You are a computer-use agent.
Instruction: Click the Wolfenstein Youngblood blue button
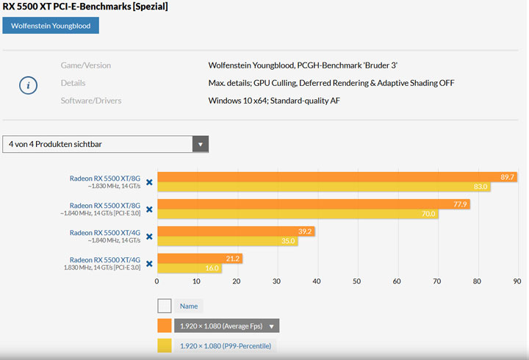(x=51, y=26)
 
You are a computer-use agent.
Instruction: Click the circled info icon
(x=28, y=85)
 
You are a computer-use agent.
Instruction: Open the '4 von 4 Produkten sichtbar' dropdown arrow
(x=200, y=144)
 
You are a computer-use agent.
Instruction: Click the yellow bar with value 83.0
(x=323, y=187)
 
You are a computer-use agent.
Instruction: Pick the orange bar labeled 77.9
(x=314, y=204)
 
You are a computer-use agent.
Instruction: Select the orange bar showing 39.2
(x=236, y=231)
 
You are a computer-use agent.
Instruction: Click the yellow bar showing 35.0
(x=228, y=240)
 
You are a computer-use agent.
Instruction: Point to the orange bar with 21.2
(x=200, y=258)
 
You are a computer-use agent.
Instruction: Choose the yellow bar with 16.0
(x=190, y=268)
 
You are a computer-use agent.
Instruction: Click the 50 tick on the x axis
(x=357, y=281)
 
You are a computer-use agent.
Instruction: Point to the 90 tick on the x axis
(x=517, y=281)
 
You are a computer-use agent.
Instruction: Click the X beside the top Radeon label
(x=149, y=182)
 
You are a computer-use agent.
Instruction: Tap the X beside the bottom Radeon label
(x=149, y=263)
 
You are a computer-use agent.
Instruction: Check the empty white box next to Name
(x=165, y=306)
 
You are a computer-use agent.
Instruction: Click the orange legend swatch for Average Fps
(x=165, y=326)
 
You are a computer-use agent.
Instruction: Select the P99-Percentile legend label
(x=224, y=346)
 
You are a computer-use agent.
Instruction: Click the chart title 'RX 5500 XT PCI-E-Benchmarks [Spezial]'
(x=85, y=7)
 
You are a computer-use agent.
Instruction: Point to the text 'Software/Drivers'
(x=91, y=101)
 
